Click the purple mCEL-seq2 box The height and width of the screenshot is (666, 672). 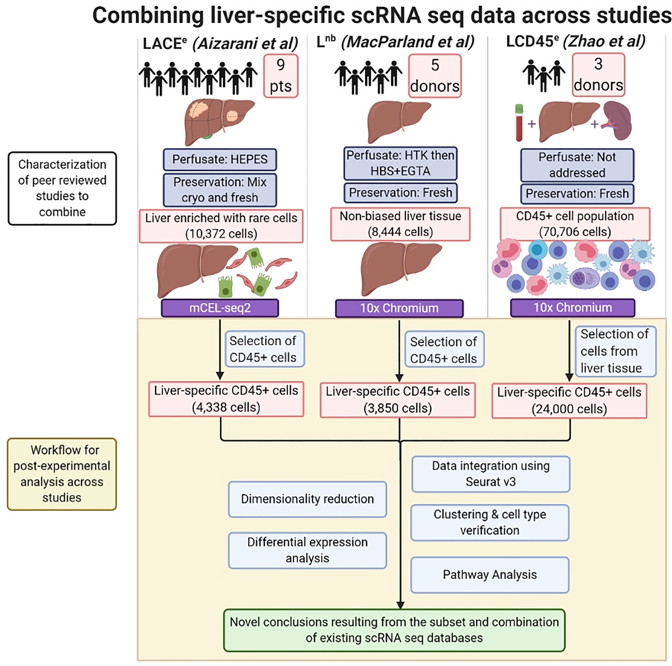tap(220, 308)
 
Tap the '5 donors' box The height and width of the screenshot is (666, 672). tap(435, 75)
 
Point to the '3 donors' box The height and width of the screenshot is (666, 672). tap(598, 74)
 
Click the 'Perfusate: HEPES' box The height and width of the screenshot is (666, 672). tap(220, 160)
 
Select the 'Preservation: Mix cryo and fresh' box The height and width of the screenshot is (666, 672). tap(220, 190)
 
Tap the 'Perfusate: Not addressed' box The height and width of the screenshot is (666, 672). tap(577, 165)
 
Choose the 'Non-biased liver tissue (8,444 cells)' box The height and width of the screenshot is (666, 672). tap(400, 224)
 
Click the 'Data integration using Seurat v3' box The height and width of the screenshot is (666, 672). tap(491, 474)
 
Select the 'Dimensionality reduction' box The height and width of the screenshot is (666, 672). tap(308, 499)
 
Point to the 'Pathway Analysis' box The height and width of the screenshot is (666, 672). tap(490, 575)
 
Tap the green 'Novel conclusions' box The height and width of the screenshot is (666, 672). tap(395, 630)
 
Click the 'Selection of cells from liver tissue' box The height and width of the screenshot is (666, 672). tap(616, 351)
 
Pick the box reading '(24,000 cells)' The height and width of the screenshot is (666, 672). tap(569, 401)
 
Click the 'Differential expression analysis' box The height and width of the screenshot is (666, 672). tap(308, 550)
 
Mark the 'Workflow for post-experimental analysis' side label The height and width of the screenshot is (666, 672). tap(62, 474)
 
